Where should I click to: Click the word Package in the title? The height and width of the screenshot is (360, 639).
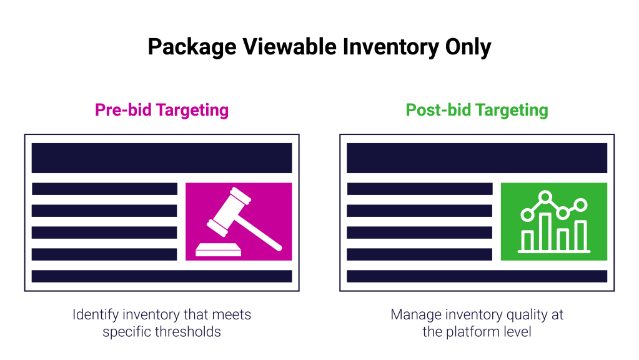point(192,47)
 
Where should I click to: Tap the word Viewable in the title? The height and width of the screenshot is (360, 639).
point(290,46)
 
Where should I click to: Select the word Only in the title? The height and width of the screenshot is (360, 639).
point(468,47)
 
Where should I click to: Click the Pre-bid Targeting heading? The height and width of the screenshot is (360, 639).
point(162,110)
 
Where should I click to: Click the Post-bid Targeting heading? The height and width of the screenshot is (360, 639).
point(477,110)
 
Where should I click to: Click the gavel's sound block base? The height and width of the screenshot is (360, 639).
point(219,250)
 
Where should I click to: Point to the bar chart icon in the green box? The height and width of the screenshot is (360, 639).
point(554,222)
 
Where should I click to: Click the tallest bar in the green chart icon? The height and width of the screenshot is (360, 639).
point(546,232)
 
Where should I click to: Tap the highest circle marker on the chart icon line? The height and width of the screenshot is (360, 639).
point(545,197)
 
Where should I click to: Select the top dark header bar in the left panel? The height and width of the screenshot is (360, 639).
point(162,157)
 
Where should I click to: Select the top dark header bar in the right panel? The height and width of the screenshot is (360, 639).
point(477,157)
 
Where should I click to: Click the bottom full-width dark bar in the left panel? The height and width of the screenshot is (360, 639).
point(162,276)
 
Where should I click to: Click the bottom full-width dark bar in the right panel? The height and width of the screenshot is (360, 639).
point(477,276)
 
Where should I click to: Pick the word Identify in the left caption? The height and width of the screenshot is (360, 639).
point(96,315)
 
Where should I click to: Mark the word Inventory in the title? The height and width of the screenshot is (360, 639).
point(391,47)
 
